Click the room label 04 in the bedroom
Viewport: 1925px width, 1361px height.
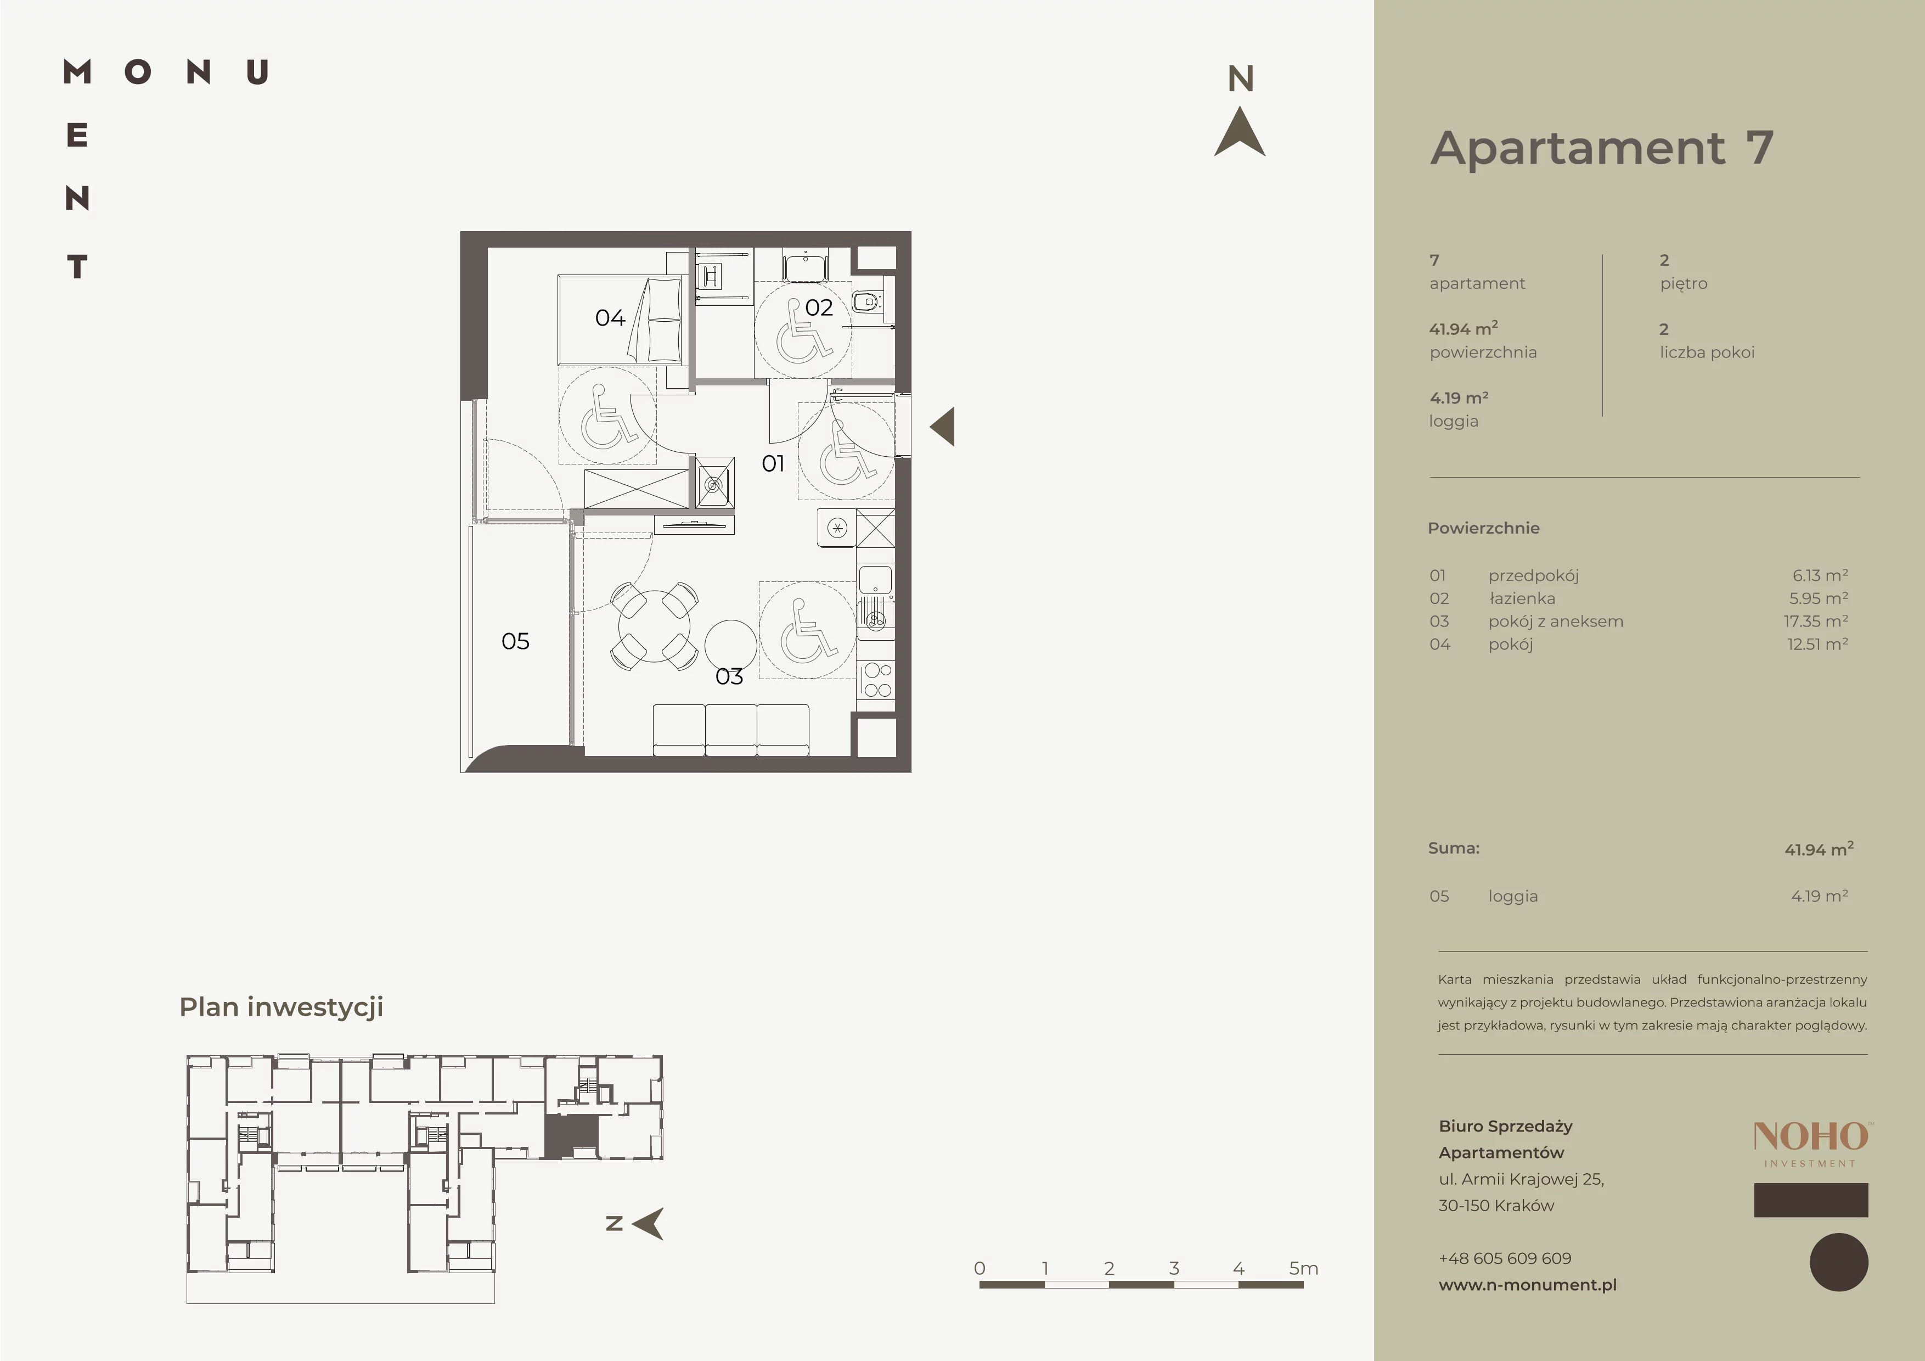point(610,318)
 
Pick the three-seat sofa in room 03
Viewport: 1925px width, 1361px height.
point(731,730)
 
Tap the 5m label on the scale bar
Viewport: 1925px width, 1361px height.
point(1304,1268)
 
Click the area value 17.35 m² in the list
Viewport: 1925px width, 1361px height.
point(1816,621)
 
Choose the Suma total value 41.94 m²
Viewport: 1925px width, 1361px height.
point(1819,849)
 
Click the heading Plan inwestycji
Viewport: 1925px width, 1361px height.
point(281,1007)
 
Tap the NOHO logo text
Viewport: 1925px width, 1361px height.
point(1811,1136)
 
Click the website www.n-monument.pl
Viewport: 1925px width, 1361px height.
point(1528,1285)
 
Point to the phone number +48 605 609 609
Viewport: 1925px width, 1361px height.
point(1505,1258)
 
